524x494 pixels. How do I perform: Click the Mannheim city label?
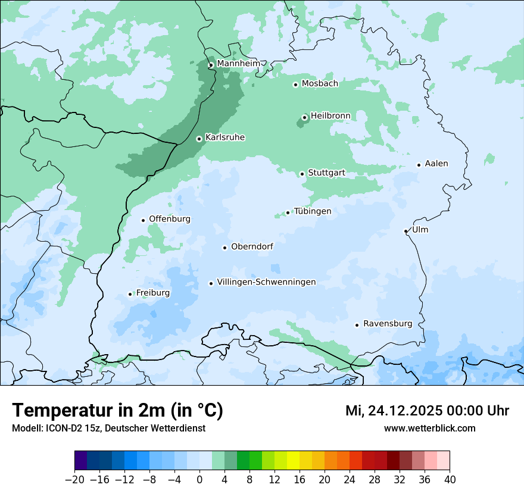pos(238,63)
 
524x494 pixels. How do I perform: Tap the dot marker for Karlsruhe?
pos(199,139)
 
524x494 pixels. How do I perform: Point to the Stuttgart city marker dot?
pos(302,174)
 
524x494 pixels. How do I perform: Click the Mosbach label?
pos(320,83)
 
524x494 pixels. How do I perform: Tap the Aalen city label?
pos(436,164)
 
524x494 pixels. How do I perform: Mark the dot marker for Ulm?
pos(406,231)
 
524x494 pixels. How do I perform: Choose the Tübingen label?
pos(313,211)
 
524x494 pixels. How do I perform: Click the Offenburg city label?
pos(170,219)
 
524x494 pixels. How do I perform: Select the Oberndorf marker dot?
pos(224,248)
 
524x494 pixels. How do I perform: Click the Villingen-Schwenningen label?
pos(266,282)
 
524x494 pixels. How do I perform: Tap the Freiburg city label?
pos(153,293)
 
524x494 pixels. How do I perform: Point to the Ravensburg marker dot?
pos(357,325)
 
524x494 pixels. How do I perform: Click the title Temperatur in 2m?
pos(117,410)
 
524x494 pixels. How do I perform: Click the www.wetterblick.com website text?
pos(429,429)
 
